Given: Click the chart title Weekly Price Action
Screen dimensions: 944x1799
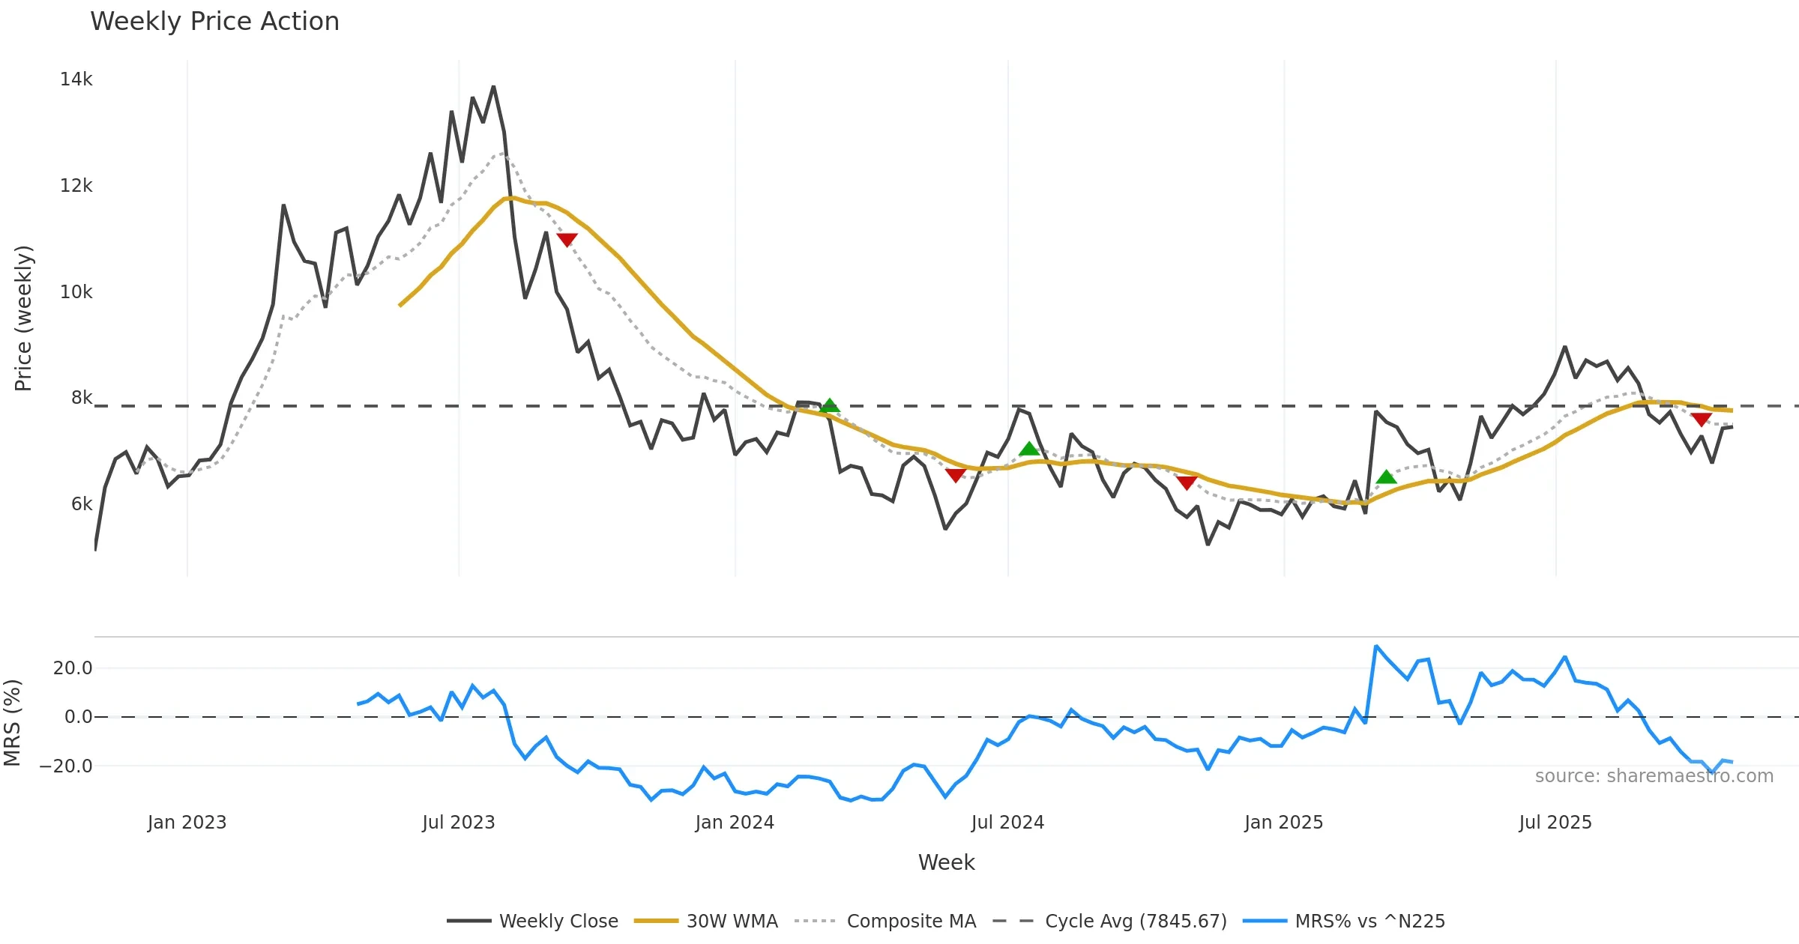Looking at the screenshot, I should point(214,22).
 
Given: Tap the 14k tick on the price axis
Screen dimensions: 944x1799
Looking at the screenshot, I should point(76,79).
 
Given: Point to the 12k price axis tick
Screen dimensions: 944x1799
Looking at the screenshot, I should point(76,186).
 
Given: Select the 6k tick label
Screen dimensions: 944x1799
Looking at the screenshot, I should point(81,504).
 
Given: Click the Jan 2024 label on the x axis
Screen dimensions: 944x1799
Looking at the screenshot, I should point(734,823).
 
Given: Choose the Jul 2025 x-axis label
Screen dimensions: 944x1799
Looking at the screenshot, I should point(1555,823).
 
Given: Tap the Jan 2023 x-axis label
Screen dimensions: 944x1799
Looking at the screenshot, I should point(187,823).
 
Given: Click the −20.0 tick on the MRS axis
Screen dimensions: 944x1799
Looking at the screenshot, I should point(66,766).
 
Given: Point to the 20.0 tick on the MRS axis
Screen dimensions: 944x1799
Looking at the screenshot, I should point(72,668).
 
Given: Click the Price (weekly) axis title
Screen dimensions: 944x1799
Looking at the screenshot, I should point(23,318).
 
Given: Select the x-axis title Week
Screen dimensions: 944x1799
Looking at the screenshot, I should point(946,863).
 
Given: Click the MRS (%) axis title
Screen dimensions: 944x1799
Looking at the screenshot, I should point(12,723).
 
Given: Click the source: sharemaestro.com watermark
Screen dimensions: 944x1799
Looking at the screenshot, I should point(1654,776).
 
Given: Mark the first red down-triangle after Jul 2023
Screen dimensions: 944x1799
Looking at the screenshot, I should point(567,240).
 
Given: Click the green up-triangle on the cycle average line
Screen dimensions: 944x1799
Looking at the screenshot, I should point(829,405).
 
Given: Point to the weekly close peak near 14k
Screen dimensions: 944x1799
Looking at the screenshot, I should point(493,87).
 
